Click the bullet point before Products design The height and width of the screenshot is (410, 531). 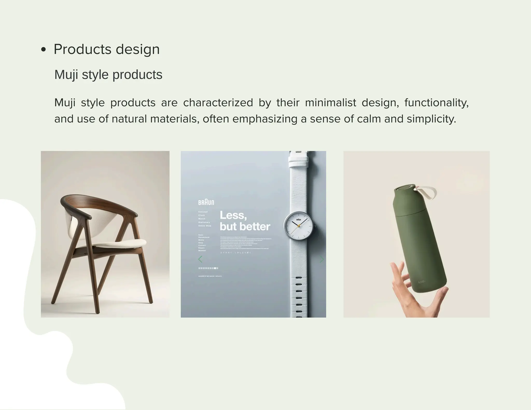pos(44,50)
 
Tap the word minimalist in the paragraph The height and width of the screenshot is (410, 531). pos(330,103)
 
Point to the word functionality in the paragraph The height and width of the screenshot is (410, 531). pos(436,103)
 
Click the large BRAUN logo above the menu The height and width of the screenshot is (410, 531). pos(206,202)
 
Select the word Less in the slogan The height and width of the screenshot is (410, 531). pos(233,215)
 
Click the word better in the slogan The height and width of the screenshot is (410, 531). pos(255,227)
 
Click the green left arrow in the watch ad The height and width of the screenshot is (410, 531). pos(200,259)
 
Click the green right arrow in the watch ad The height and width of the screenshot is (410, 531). pos(322,259)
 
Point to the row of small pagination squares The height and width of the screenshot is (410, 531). pos(208,268)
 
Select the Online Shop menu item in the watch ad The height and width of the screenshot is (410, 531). pos(205,226)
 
